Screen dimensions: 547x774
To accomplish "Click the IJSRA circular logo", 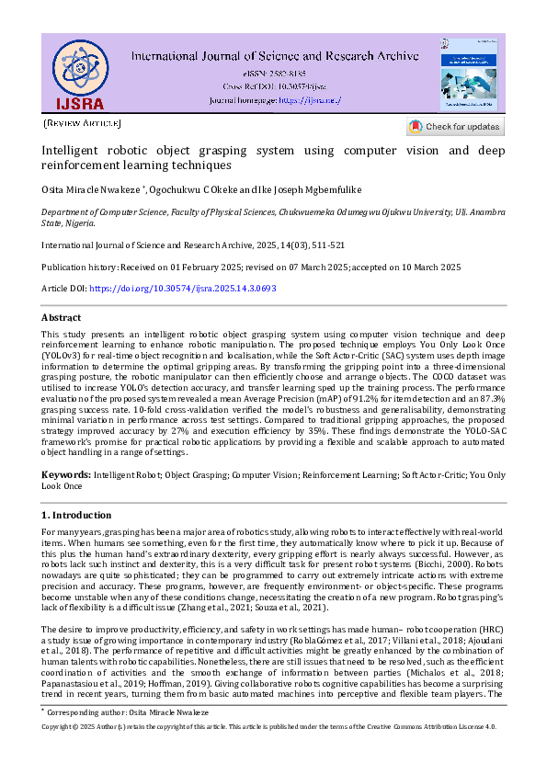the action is [79, 73].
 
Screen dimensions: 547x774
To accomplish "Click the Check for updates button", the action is [454, 127].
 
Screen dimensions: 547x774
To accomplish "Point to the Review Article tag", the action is [82, 122].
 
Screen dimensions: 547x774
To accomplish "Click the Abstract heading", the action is [62, 317].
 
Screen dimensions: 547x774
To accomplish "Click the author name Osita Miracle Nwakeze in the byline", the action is [89, 189].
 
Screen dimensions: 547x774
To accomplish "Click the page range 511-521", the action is [327, 245].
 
